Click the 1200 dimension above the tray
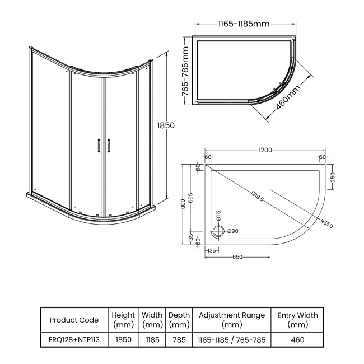[x=265, y=150]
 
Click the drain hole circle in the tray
[x=218, y=231]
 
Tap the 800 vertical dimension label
[x=183, y=204]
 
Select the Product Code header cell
[x=74, y=320]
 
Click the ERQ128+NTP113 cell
[x=74, y=339]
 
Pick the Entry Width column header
[x=297, y=320]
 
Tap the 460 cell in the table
[x=297, y=339]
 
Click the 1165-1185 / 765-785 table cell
[x=232, y=339]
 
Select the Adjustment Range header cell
[x=232, y=320]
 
